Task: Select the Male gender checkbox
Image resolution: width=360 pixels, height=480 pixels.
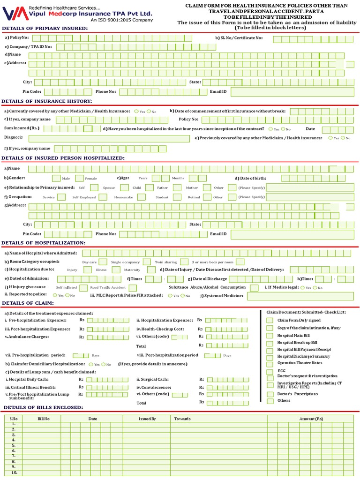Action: pyautogui.click(x=56, y=178)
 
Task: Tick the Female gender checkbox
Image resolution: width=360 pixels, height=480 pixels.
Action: pyautogui.click(x=79, y=178)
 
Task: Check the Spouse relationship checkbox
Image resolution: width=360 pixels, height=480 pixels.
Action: pyautogui.click(x=124, y=187)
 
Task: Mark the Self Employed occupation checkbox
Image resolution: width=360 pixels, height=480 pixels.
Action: pyautogui.click(x=102, y=197)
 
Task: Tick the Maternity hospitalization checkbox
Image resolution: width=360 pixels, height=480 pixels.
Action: pyautogui.click(x=151, y=270)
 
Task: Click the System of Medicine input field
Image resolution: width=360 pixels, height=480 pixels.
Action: pyautogui.click(x=300, y=296)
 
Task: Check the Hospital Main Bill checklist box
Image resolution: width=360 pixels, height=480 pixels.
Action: pyautogui.click(x=270, y=335)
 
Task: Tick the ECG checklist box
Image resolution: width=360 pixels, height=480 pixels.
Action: pyautogui.click(x=270, y=371)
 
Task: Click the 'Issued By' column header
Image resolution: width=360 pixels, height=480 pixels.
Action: pyautogui.click(x=147, y=418)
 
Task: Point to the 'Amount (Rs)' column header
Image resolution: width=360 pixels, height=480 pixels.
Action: pyautogui.click(x=311, y=418)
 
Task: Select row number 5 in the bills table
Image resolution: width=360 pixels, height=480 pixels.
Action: pyautogui.click(x=14, y=445)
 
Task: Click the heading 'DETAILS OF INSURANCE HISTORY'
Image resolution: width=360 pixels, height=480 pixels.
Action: pyautogui.click(x=47, y=101)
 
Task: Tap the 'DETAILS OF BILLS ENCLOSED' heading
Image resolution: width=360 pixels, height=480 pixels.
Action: pyautogui.click(x=43, y=407)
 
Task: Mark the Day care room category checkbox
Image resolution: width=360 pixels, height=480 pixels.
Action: pyautogui.click(x=103, y=262)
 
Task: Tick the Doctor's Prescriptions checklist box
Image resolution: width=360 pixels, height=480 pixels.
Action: pyautogui.click(x=270, y=394)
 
